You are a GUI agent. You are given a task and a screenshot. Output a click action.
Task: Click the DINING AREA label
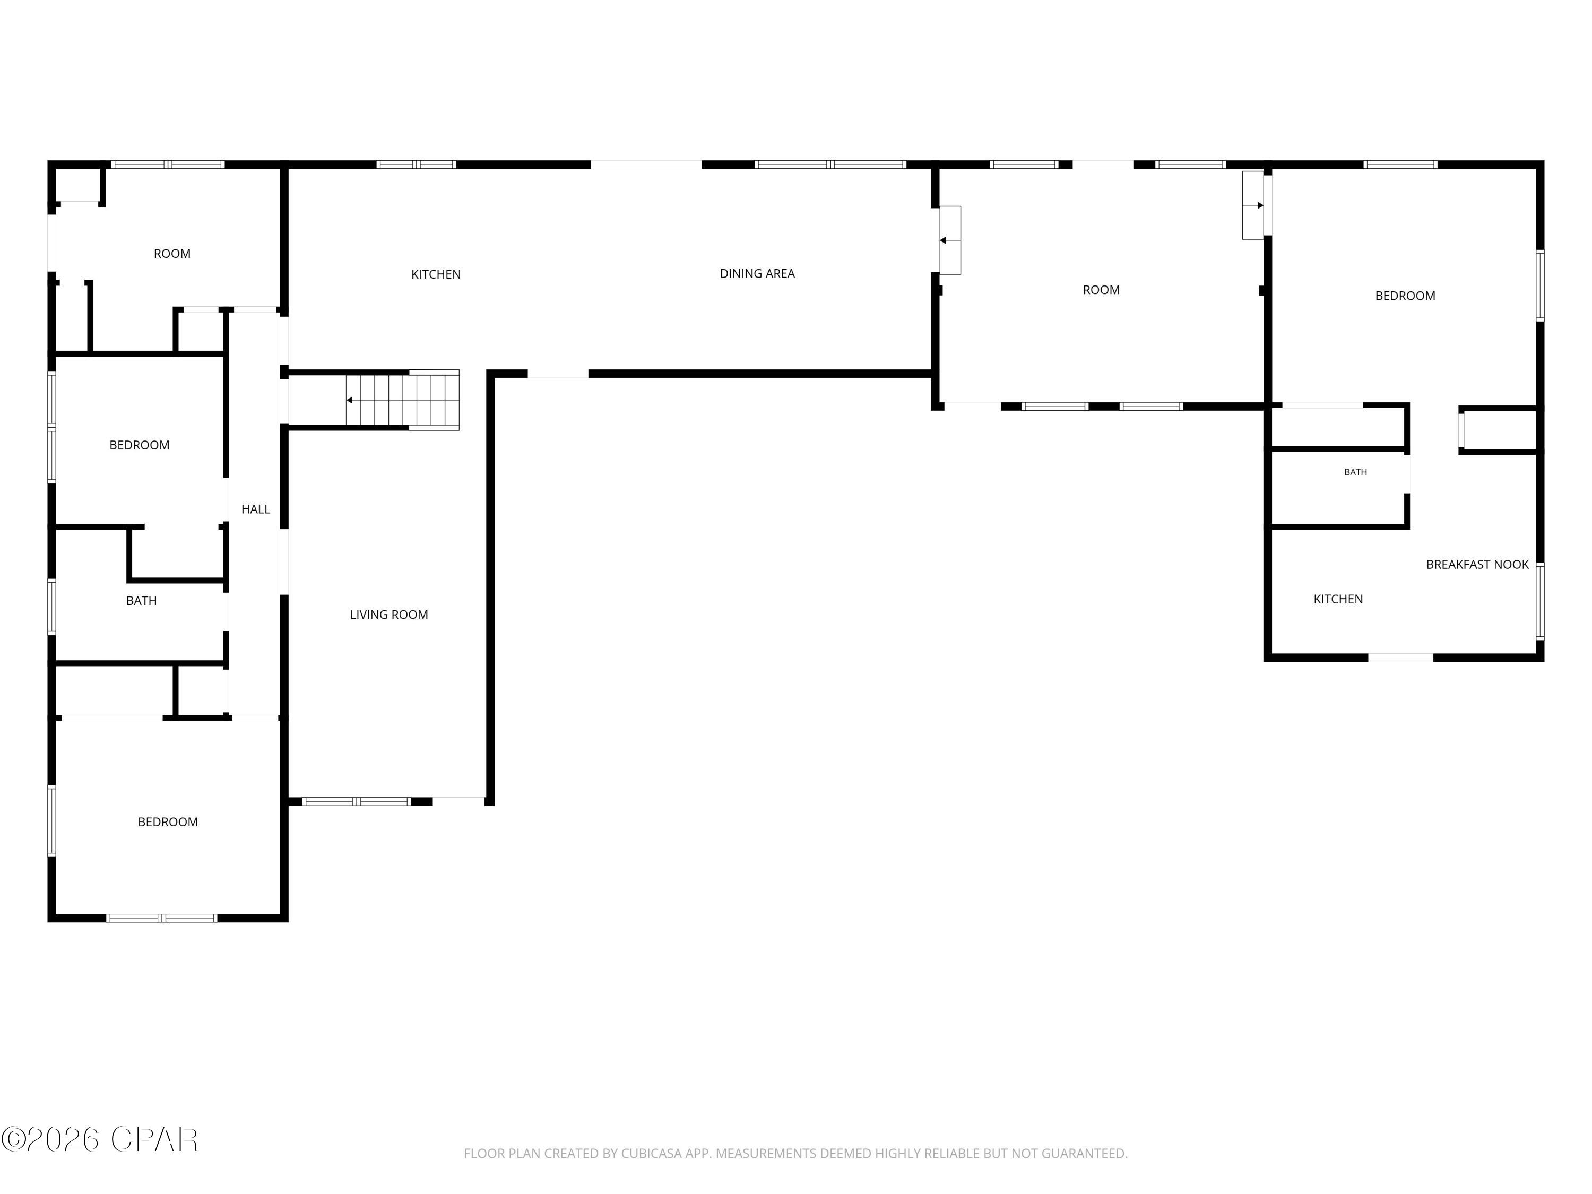click(x=757, y=273)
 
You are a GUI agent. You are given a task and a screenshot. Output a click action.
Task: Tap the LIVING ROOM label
click(x=388, y=615)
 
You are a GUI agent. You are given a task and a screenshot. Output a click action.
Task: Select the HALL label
click(x=255, y=509)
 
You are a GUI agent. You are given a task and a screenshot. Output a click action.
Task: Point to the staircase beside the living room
click(x=402, y=400)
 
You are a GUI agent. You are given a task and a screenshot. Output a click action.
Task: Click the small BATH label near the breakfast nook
click(x=1356, y=472)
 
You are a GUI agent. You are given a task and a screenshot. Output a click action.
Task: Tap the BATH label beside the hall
click(x=141, y=601)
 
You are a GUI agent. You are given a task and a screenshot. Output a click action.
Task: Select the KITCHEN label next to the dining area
click(x=436, y=274)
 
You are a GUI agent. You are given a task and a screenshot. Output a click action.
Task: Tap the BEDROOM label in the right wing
click(x=1405, y=296)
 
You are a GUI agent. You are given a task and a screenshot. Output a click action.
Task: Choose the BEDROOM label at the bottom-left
click(x=168, y=822)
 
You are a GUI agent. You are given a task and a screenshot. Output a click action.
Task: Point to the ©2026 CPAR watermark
click(x=99, y=1139)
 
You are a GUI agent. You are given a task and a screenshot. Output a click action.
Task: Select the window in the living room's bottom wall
click(x=356, y=801)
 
